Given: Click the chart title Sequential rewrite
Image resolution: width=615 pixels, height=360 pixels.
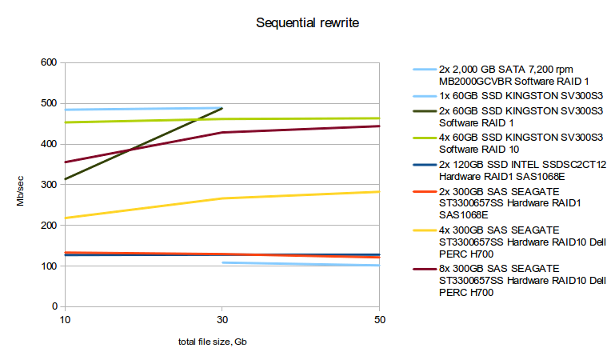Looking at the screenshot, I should (x=307, y=22).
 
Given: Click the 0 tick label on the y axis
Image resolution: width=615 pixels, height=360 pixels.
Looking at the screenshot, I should (x=55, y=306).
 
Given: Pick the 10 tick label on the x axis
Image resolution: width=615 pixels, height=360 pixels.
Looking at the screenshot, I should (x=64, y=319).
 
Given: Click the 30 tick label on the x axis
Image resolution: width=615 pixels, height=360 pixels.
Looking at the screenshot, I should (x=222, y=319).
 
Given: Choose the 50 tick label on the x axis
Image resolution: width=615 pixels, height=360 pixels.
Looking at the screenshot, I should (x=379, y=319).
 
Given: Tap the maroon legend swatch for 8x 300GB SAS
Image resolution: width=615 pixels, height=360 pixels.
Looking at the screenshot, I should (x=423, y=268).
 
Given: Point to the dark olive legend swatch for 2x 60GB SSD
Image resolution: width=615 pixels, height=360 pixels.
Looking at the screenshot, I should (x=423, y=110).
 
